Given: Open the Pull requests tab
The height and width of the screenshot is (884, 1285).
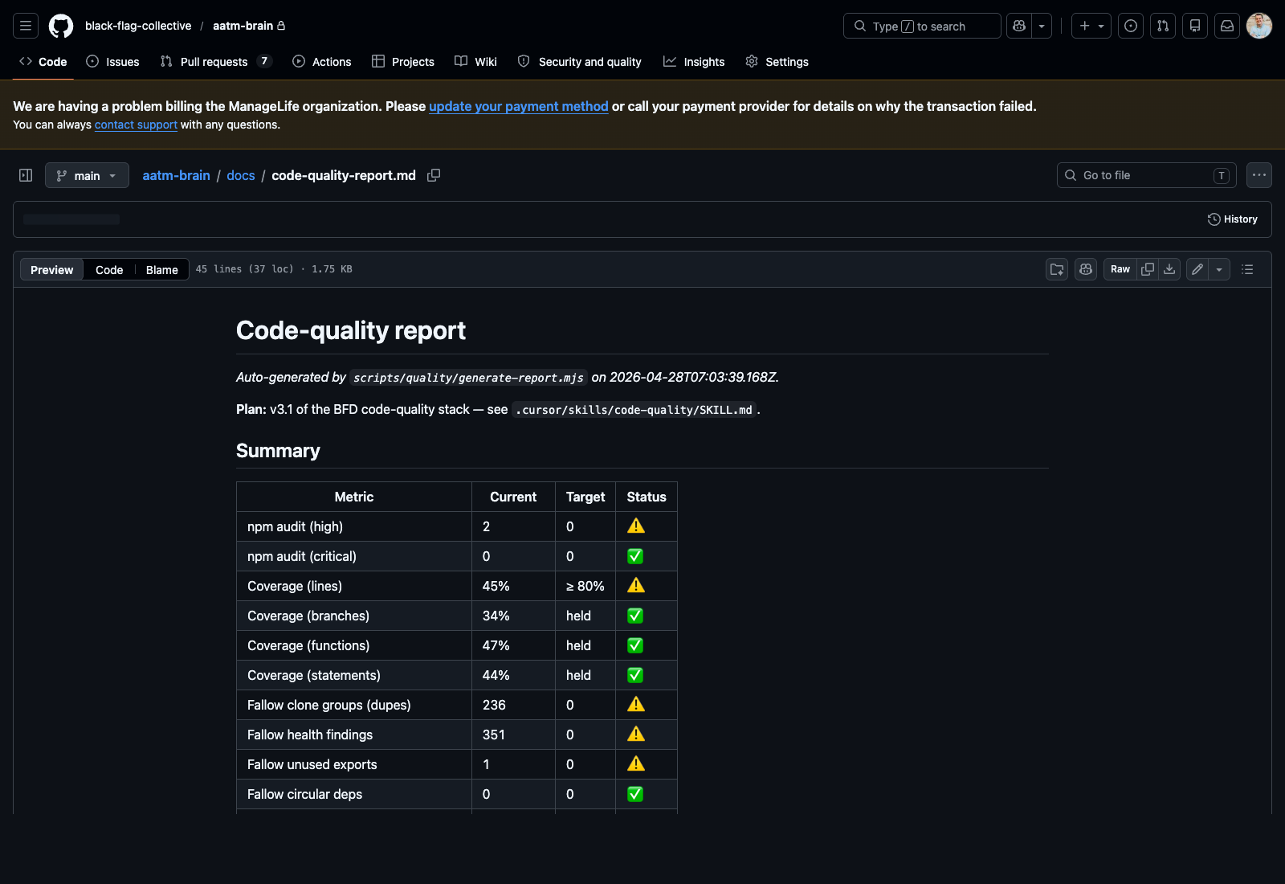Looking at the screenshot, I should point(214,62).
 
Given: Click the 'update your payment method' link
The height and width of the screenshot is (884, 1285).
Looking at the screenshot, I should point(518,106).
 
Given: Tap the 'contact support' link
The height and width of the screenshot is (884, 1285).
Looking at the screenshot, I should point(136,125).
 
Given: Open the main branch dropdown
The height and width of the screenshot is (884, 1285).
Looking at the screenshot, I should point(87,175).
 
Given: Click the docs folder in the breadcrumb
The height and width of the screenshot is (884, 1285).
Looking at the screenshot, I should point(240,175).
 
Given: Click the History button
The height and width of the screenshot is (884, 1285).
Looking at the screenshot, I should point(1232,219).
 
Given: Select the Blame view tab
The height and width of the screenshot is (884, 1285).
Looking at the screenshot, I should point(161,270).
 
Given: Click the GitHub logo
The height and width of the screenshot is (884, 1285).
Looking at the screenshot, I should point(61,26).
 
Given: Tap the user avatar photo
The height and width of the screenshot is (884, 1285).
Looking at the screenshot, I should point(1258,26).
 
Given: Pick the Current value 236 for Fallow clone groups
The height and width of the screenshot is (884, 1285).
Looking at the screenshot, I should point(494,705).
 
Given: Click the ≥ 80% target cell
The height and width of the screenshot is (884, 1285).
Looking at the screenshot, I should point(585,586).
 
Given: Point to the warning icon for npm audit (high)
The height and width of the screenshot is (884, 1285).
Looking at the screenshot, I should point(636,526).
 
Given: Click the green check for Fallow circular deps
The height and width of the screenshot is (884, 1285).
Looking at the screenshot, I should point(635,794).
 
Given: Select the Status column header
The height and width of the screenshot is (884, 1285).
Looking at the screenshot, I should point(646,497).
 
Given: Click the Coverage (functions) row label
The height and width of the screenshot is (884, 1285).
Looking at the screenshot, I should point(308,645).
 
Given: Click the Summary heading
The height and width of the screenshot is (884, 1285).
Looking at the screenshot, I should point(278,451).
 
